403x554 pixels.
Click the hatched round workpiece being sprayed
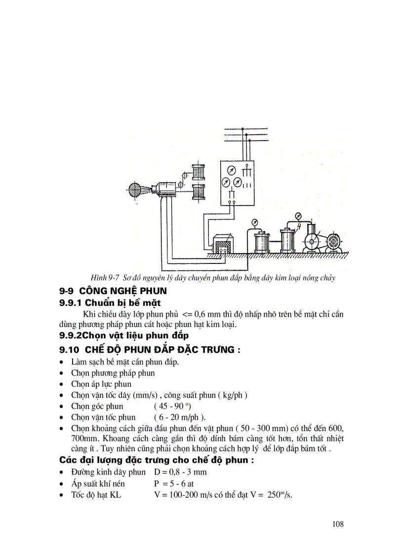[134, 190]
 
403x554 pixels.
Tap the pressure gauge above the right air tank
[298, 216]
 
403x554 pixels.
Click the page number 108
[338, 524]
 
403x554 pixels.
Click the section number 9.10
[69, 350]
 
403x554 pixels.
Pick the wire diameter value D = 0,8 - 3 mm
[180, 472]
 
